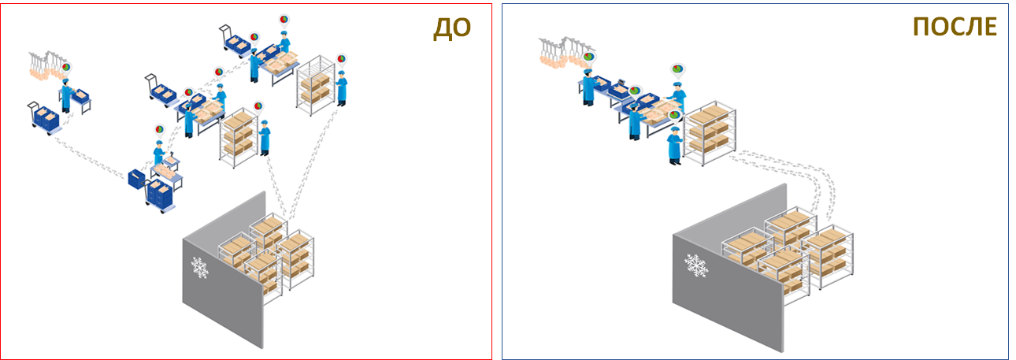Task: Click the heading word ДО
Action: click(x=452, y=28)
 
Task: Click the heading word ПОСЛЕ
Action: click(x=955, y=28)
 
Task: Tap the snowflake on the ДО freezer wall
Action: click(x=199, y=268)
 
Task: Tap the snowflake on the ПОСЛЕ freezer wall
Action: click(x=695, y=265)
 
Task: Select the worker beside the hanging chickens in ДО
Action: click(x=67, y=95)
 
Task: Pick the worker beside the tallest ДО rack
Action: click(x=342, y=88)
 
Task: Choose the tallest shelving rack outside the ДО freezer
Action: click(x=316, y=85)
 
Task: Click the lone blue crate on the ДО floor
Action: click(x=136, y=179)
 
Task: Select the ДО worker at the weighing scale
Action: click(x=158, y=154)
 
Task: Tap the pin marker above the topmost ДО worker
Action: click(x=284, y=20)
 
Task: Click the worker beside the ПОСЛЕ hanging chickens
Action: click(x=588, y=87)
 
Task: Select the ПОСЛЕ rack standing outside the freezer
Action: click(x=710, y=133)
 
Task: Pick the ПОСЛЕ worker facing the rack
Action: click(x=674, y=146)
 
